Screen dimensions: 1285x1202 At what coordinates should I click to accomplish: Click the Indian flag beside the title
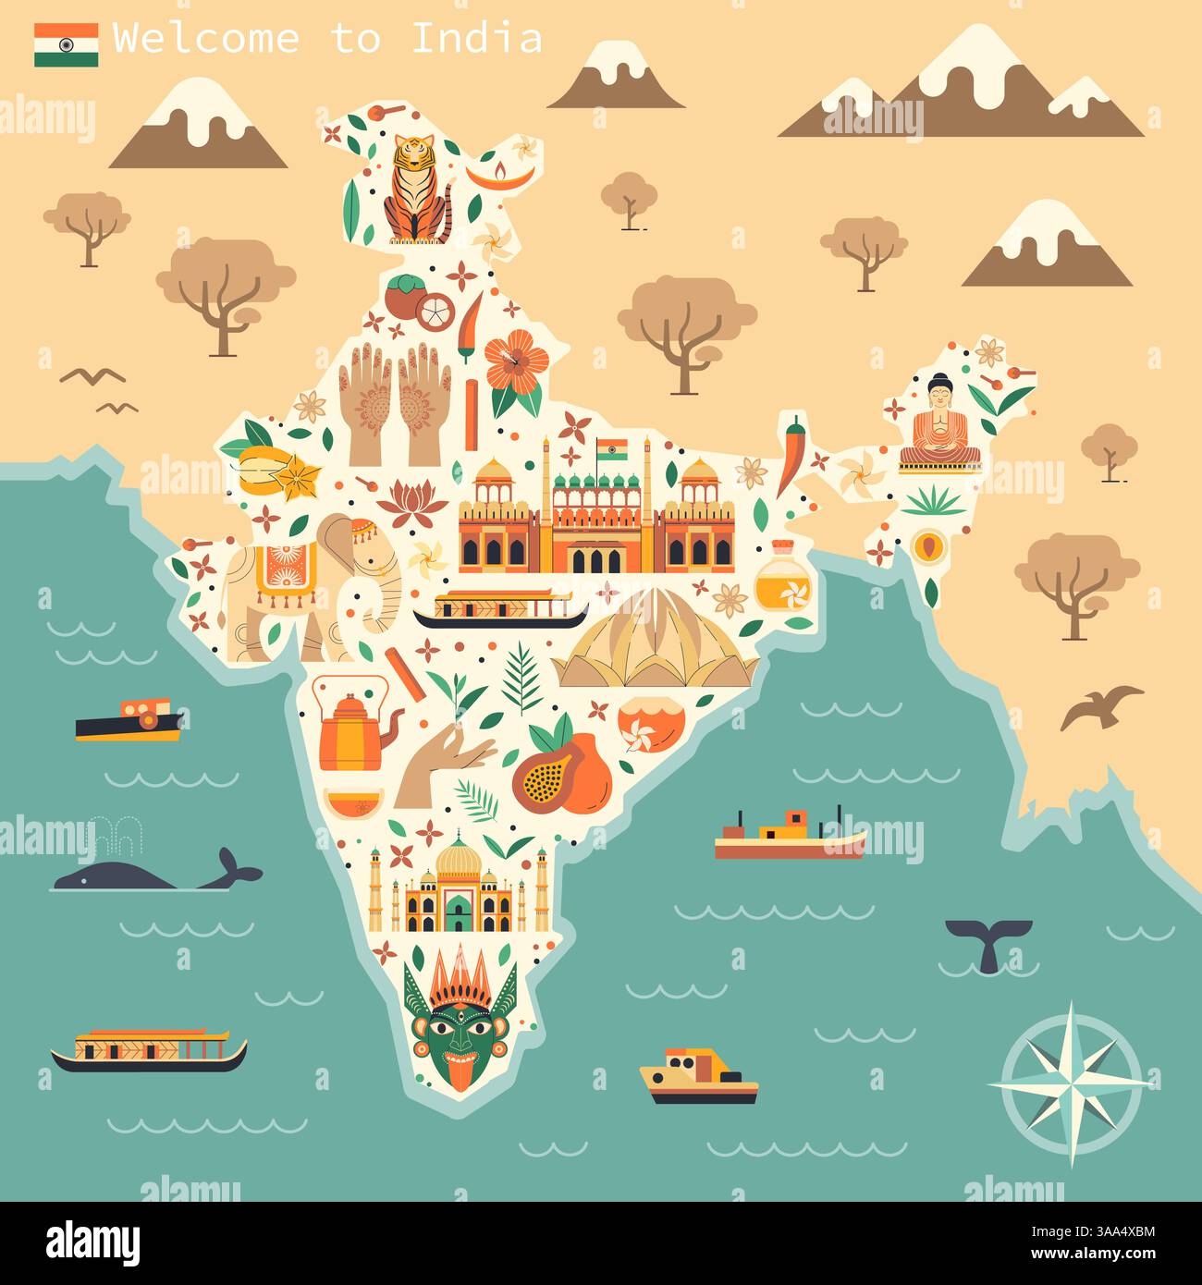point(67,44)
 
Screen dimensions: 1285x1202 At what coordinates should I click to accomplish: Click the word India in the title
point(476,39)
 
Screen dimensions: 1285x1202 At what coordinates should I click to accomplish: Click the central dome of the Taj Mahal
point(455,862)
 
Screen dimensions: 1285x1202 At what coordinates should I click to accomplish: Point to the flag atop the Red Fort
point(611,450)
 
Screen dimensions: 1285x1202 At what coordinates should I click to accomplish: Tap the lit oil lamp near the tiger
point(499,174)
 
